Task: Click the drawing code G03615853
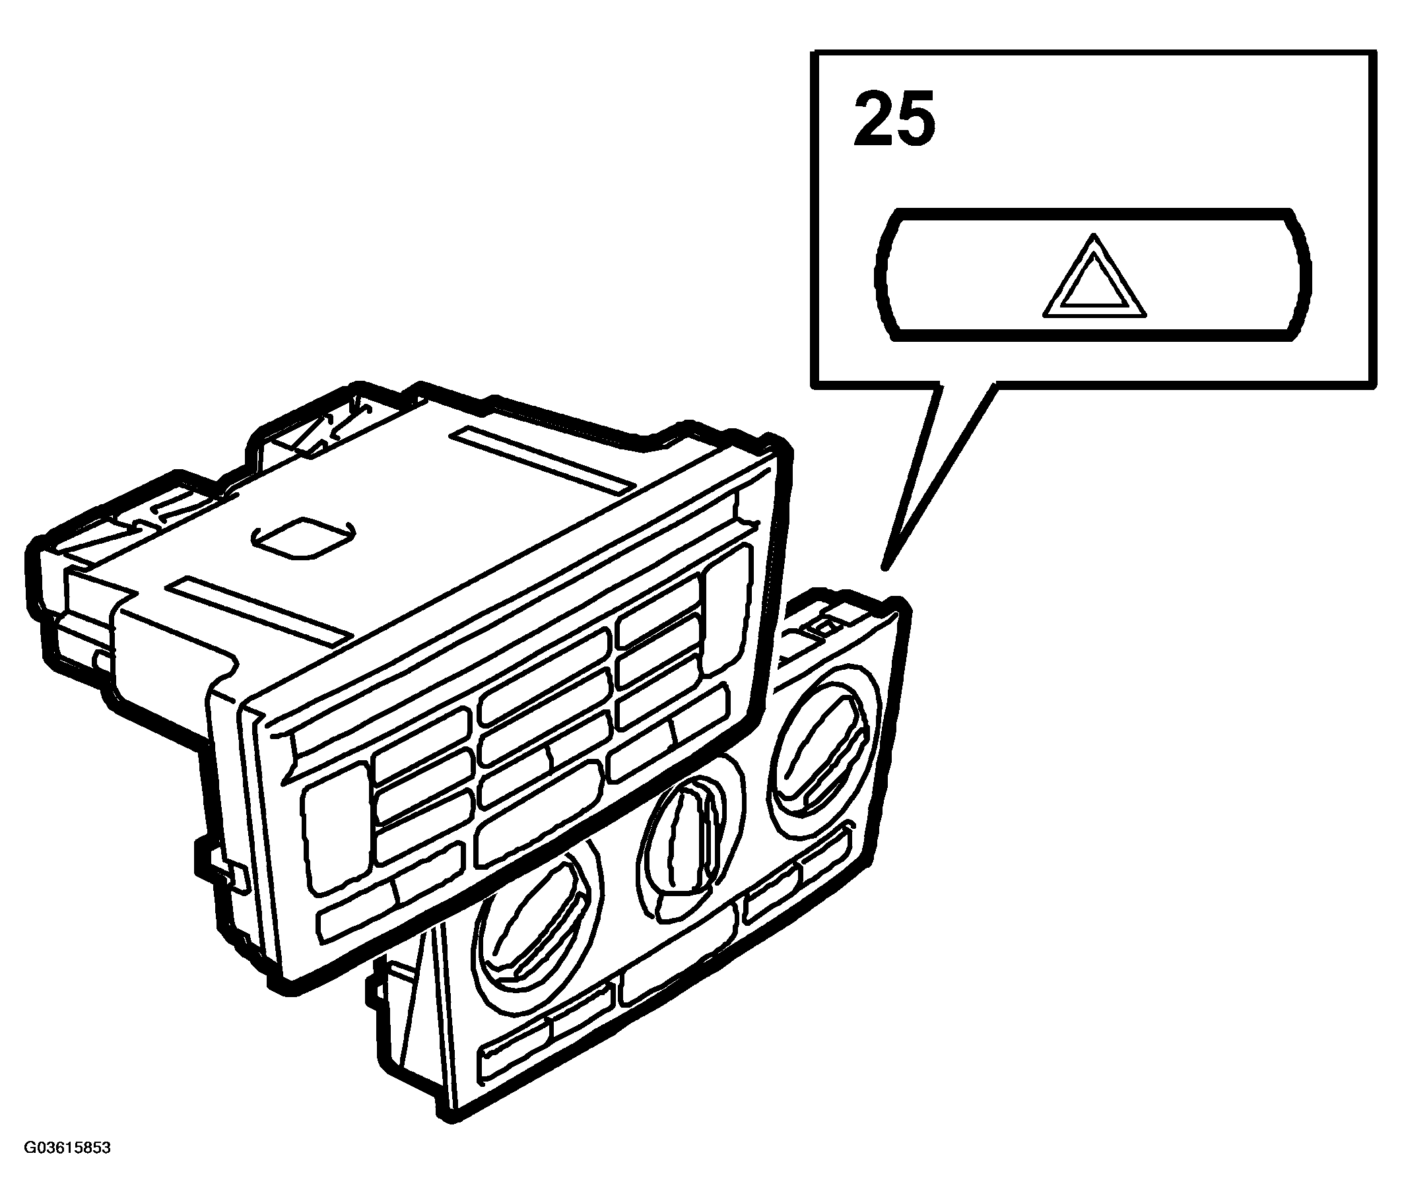pos(67,1167)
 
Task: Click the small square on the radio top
pos(301,538)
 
